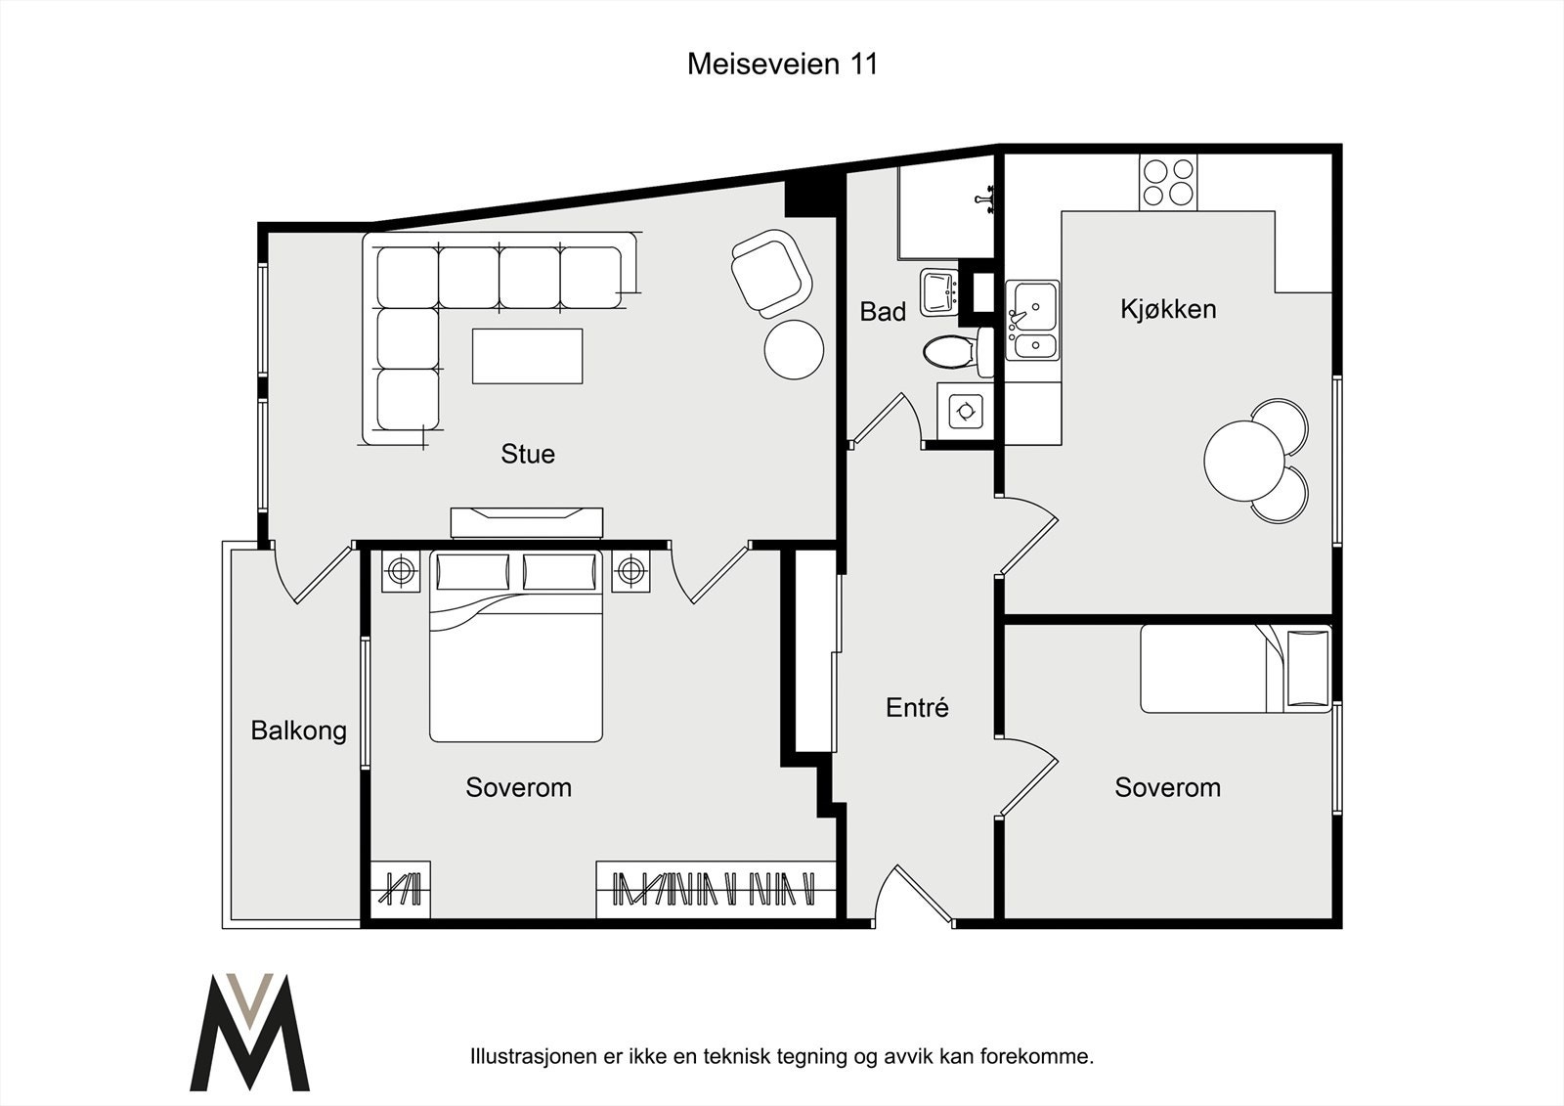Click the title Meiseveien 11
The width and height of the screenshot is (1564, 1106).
tap(782, 65)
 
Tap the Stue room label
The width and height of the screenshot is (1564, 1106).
tap(528, 454)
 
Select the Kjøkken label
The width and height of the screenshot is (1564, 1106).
tap(1168, 309)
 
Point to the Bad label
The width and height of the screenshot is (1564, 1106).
tap(883, 312)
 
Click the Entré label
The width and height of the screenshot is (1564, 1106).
tap(917, 708)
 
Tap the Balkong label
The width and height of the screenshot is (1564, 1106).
tap(299, 731)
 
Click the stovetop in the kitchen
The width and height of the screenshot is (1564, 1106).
tap(1168, 182)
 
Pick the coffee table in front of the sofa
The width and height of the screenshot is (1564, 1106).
tap(527, 356)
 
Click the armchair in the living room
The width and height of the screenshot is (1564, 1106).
tap(771, 273)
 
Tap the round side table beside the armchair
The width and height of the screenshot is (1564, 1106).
tap(794, 349)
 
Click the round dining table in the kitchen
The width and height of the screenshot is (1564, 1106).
tap(1244, 460)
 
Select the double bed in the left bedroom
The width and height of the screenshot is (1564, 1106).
tap(516, 646)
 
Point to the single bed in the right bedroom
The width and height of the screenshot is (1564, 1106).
tap(1236, 669)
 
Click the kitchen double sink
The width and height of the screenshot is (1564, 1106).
tap(1032, 320)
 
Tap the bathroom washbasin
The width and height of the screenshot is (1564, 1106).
tap(939, 292)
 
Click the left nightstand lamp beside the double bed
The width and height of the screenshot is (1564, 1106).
tap(401, 571)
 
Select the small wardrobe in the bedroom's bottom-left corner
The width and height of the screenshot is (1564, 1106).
tap(400, 890)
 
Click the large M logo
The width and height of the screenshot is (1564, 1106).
tap(250, 1032)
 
